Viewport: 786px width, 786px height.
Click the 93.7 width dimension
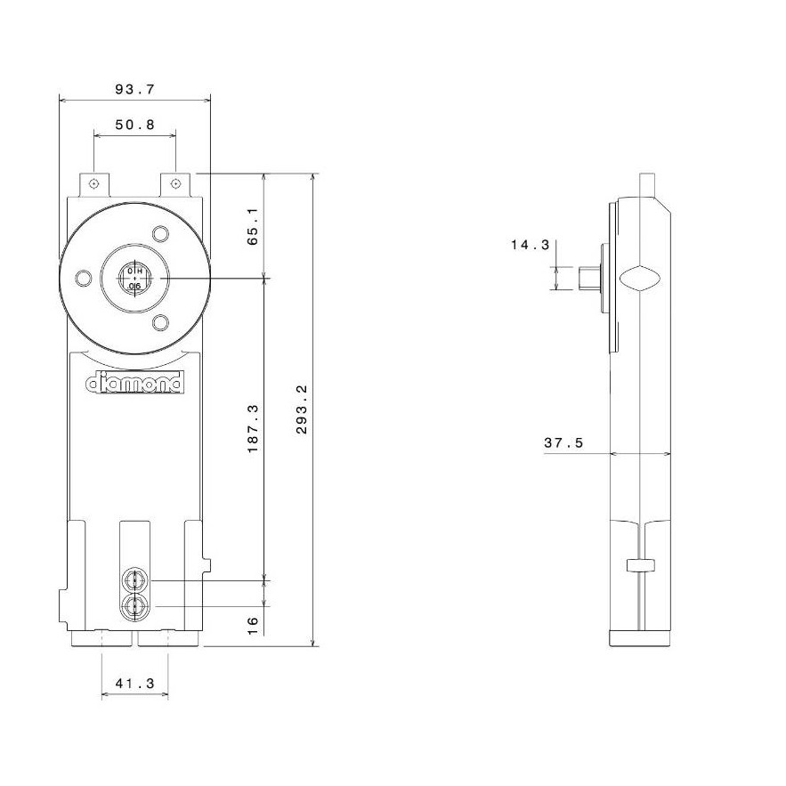coord(134,90)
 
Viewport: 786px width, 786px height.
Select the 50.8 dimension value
coord(134,125)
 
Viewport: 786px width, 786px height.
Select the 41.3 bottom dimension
coord(134,684)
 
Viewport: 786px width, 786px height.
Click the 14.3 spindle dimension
coord(531,245)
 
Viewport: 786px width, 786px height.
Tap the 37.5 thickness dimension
coord(563,443)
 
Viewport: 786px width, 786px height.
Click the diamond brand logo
coord(134,384)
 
